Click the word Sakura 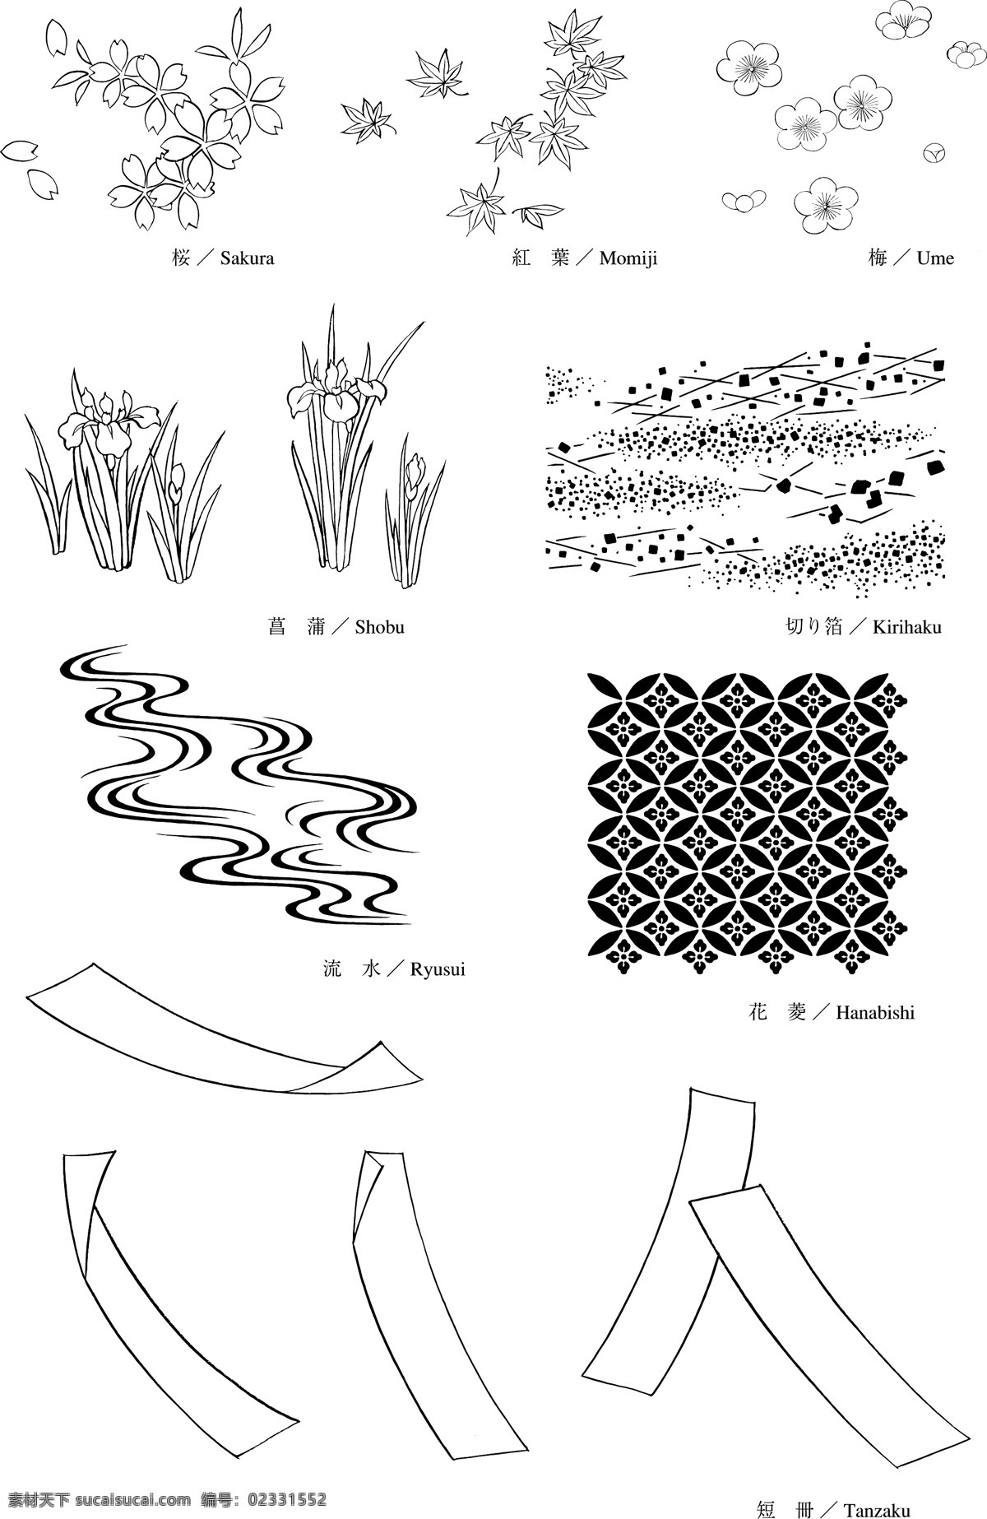247,258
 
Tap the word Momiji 628,258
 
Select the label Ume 935,258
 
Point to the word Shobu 379,627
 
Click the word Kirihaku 906,627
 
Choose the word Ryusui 438,970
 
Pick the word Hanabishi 875,1012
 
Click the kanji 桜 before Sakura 182,258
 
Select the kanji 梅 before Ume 878,258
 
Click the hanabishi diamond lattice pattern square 748,824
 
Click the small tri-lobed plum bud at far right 934,152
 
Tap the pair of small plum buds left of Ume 743,201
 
